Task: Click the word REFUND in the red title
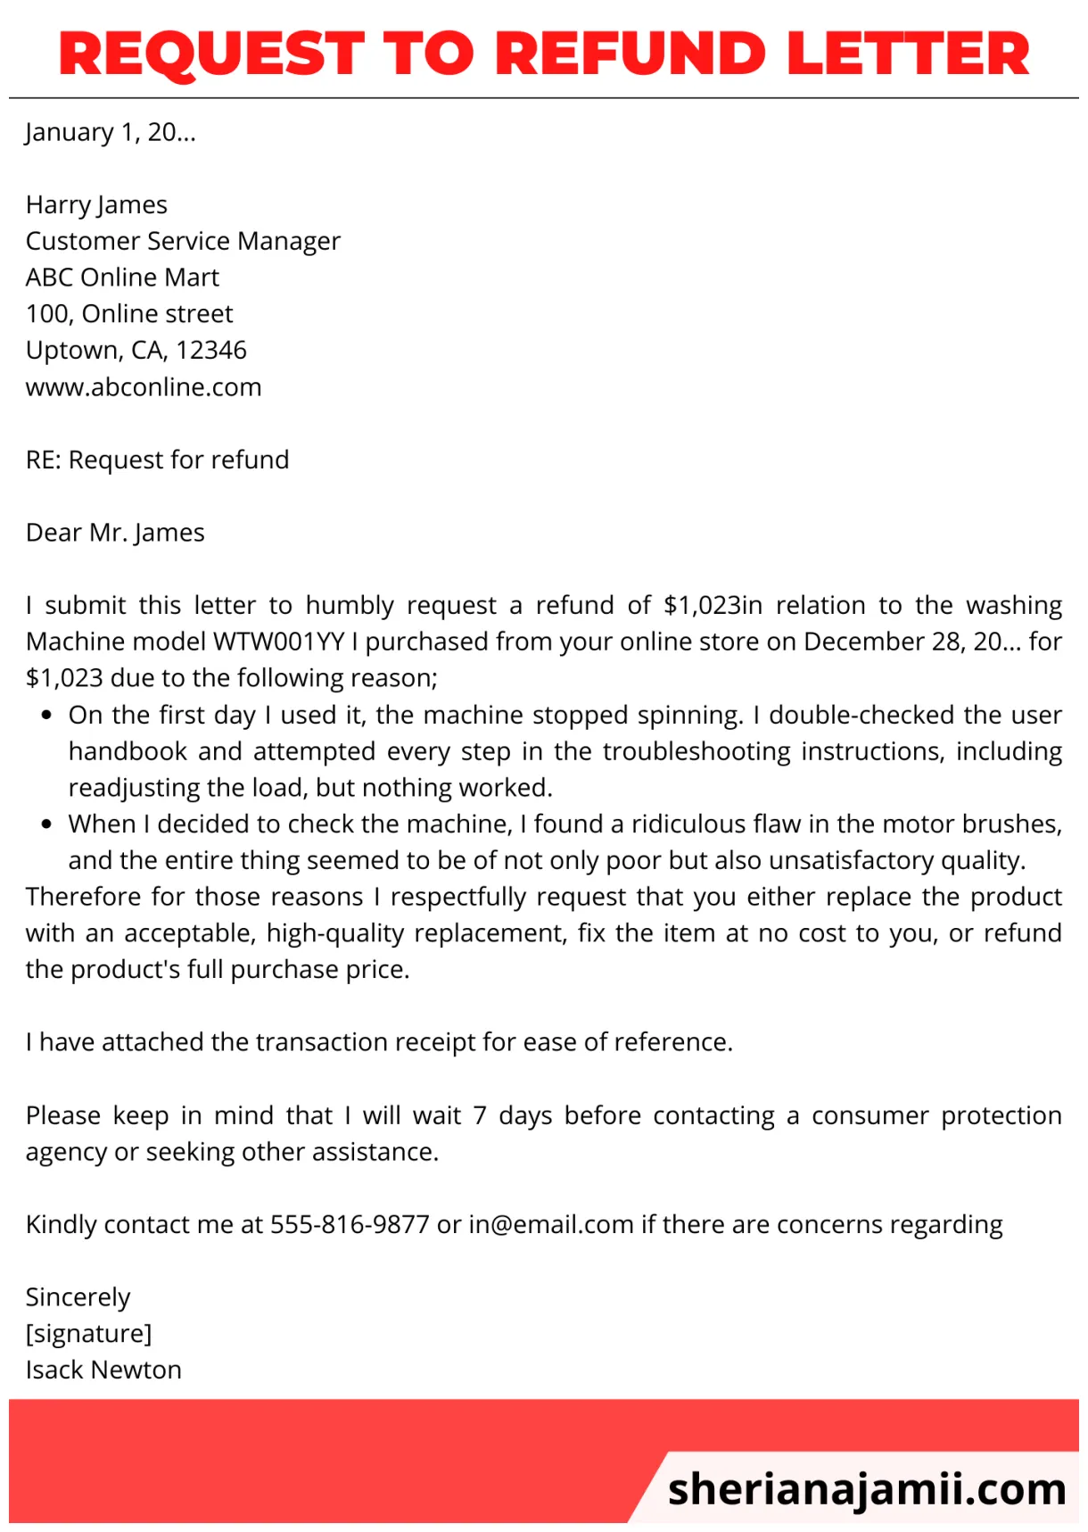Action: coord(630,54)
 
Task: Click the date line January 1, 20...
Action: coord(111,132)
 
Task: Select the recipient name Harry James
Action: coord(96,205)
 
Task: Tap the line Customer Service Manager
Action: coord(183,241)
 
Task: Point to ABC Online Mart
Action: coord(122,277)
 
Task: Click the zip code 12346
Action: coord(211,350)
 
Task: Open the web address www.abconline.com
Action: coord(144,387)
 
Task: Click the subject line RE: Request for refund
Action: coord(157,460)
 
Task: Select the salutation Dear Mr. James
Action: coord(115,533)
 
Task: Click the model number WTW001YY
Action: coord(278,642)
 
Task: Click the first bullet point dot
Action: coord(46,716)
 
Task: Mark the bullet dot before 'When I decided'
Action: coord(46,824)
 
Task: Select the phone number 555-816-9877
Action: coord(350,1224)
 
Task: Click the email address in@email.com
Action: coord(550,1224)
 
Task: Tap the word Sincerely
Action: coord(78,1297)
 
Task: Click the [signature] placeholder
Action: coord(88,1334)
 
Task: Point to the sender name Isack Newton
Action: coord(103,1370)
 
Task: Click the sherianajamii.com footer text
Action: coord(866,1488)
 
